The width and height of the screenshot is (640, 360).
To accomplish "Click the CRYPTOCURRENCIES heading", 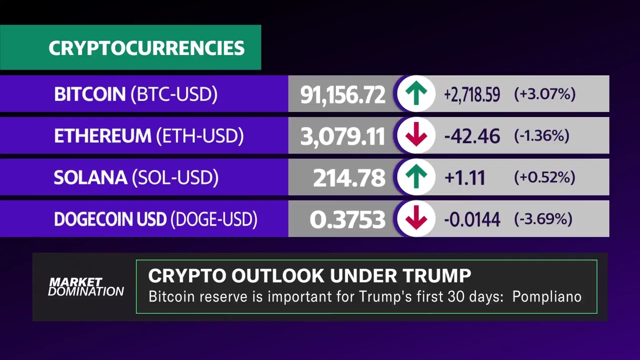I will (x=146, y=48).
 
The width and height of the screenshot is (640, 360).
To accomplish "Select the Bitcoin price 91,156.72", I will (x=342, y=94).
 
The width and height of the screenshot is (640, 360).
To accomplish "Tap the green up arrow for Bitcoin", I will (x=416, y=93).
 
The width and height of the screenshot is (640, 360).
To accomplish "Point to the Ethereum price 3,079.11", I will (x=342, y=136).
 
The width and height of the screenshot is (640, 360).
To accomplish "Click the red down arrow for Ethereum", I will (x=416, y=135).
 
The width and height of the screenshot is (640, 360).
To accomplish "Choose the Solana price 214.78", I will (x=349, y=178).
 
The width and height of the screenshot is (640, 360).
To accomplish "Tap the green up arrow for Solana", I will (x=416, y=177).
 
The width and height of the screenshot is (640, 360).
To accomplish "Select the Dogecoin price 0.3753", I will (x=347, y=219).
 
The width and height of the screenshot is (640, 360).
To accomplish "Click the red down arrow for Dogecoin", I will (x=416, y=219).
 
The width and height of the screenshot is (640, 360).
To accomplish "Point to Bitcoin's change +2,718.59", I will (x=471, y=94).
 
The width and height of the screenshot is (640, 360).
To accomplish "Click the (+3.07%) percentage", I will (x=544, y=94).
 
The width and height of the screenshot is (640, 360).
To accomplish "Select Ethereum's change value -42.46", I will (x=471, y=136).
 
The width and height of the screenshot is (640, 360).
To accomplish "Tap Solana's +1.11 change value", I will (x=464, y=177).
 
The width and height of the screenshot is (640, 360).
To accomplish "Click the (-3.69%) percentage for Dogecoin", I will (x=543, y=219).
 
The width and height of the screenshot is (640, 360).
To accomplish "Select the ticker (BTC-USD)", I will (x=174, y=94).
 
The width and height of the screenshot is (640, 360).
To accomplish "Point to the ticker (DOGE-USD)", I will (x=214, y=219).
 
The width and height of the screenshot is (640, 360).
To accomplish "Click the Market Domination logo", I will (x=85, y=286).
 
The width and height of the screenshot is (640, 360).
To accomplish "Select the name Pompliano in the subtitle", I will (x=546, y=296).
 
